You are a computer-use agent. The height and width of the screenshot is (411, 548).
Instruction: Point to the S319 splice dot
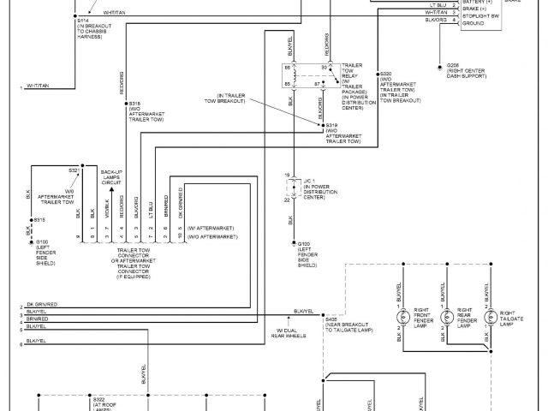point(323,125)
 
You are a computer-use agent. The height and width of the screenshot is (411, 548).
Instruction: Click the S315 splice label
point(40,220)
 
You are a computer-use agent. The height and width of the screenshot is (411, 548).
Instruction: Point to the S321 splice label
point(74,170)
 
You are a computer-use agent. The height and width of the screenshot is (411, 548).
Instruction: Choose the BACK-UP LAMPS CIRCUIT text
point(111,177)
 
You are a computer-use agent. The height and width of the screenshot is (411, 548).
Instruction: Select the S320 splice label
point(385,74)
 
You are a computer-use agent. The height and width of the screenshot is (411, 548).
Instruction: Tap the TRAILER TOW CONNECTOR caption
point(135,251)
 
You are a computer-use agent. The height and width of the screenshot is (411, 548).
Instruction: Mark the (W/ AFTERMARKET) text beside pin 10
point(211,228)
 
